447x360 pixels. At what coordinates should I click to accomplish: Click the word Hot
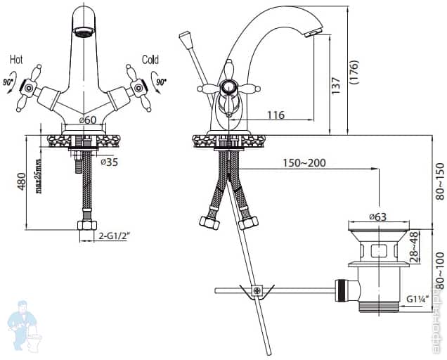pos(16,60)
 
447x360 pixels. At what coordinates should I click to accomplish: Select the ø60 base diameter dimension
pos(86,120)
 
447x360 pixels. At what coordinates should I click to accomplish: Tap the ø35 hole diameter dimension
pos(108,162)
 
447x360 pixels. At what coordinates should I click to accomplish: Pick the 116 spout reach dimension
pos(276,114)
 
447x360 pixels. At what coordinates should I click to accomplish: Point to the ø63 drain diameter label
pos(377,217)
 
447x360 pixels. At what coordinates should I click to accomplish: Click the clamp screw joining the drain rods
pos(257,290)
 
